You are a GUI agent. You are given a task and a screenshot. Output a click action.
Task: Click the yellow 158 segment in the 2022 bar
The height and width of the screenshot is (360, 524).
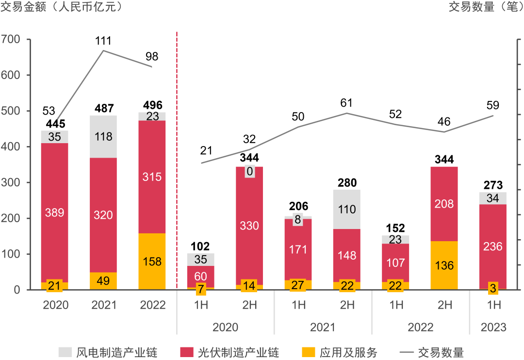(152, 262)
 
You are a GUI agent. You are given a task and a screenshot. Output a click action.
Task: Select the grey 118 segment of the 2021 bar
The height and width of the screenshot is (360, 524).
(103, 137)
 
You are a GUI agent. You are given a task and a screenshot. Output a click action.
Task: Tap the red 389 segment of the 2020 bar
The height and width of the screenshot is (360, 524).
(54, 213)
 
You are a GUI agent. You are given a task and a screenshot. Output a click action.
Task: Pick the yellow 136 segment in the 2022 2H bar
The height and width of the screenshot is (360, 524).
(444, 265)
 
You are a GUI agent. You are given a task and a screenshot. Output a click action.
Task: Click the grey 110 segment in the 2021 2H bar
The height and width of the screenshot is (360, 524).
(347, 210)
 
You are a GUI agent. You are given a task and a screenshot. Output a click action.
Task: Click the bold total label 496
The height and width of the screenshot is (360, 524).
(153, 105)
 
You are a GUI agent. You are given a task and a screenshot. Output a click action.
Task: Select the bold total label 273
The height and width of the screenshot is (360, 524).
(493, 185)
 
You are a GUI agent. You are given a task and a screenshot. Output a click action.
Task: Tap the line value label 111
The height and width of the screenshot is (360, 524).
(103, 41)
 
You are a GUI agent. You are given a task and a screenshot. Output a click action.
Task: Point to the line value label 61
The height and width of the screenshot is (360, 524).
(347, 103)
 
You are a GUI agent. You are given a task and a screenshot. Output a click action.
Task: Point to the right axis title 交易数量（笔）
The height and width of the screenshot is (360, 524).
(486, 7)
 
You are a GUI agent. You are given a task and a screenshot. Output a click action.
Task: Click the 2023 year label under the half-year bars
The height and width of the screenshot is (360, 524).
(493, 327)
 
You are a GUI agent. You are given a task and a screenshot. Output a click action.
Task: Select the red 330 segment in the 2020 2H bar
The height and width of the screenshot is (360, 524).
(249, 226)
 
